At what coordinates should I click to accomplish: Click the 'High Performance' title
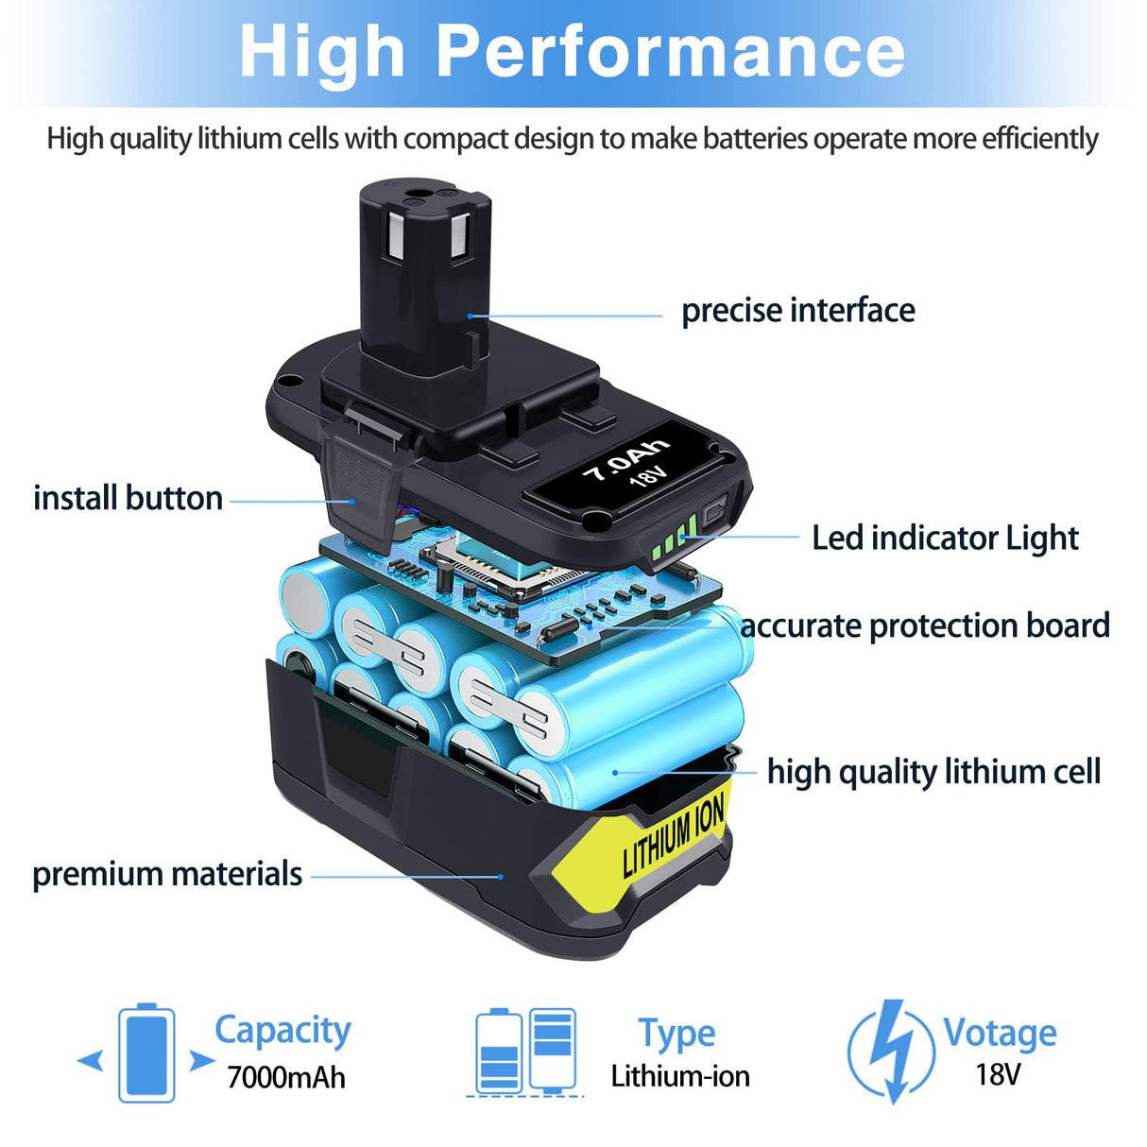coord(573,52)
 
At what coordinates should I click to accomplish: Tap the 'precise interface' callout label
coord(798,311)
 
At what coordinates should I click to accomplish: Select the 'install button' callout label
coord(128,498)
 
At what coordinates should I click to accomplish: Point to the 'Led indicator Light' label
coord(945,538)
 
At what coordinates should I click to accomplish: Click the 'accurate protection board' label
coord(925,625)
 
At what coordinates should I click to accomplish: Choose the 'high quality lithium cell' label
coord(933,772)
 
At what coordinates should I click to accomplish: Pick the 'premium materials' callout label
coord(167,874)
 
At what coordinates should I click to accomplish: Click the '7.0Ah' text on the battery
coord(624,457)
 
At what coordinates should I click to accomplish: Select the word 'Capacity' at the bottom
coord(282,1030)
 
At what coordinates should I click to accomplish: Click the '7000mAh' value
coord(286,1077)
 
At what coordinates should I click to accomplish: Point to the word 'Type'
coord(676,1034)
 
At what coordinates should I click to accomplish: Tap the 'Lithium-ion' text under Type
coord(680,1076)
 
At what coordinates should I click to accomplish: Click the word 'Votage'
coord(1000,1033)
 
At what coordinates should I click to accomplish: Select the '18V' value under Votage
coord(998,1074)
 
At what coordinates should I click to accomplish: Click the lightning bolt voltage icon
coord(889,1051)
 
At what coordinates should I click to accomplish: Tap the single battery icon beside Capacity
coord(146,1053)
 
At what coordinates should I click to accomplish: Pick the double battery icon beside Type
coord(525,1052)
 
